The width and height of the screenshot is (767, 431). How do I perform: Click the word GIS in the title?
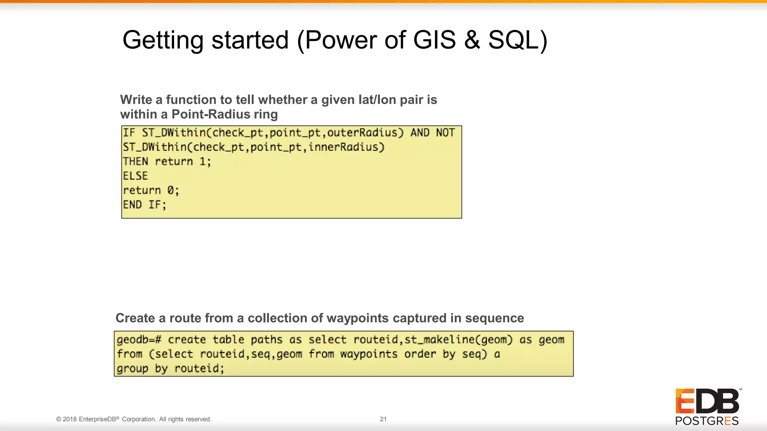coord(434,40)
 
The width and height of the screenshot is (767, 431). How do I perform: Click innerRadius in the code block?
coord(346,147)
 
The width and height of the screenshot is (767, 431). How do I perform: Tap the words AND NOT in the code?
coord(433,133)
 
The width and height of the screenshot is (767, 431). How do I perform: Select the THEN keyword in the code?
coord(136,162)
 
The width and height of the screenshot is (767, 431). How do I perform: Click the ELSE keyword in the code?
coord(136,176)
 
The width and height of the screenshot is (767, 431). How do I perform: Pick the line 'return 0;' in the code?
coord(151,190)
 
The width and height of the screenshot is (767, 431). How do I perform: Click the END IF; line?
coord(145,205)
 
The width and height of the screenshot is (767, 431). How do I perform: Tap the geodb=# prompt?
coord(139,340)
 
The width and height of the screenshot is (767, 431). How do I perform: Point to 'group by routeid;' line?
coord(170,369)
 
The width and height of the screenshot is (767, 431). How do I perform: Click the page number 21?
coord(383,419)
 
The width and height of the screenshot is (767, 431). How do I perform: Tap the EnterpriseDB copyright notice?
coord(134,419)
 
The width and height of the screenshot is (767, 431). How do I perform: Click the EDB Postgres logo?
coord(707,407)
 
